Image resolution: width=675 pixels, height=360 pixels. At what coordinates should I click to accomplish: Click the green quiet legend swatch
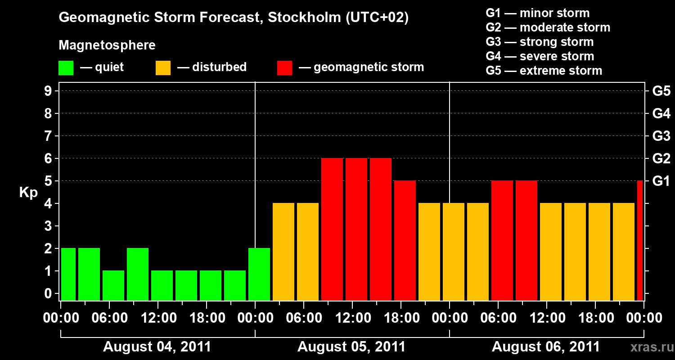66,68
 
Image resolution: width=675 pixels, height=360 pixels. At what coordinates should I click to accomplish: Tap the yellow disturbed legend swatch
163,68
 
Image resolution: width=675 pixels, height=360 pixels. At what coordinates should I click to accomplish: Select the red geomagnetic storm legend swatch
284,68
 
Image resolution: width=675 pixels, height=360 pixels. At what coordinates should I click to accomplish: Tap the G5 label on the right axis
661,91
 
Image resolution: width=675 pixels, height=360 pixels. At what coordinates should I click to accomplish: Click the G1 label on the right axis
661,181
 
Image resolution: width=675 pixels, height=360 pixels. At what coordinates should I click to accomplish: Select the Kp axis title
28,193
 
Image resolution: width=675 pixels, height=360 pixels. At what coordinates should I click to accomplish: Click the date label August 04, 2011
157,347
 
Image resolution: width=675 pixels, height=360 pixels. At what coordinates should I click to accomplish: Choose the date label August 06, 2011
545,347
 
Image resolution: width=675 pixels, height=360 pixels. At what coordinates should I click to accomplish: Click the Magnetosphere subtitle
107,45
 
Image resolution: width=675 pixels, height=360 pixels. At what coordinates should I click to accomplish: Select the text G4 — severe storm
540,56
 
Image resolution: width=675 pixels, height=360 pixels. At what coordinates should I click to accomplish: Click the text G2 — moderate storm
548,27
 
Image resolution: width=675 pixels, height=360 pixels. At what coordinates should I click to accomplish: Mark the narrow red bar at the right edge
640,240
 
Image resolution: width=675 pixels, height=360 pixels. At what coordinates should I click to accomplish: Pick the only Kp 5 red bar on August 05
405,240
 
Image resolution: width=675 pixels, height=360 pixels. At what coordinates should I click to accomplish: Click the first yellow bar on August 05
283,252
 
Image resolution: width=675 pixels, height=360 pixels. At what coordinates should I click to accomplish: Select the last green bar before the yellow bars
259,274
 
